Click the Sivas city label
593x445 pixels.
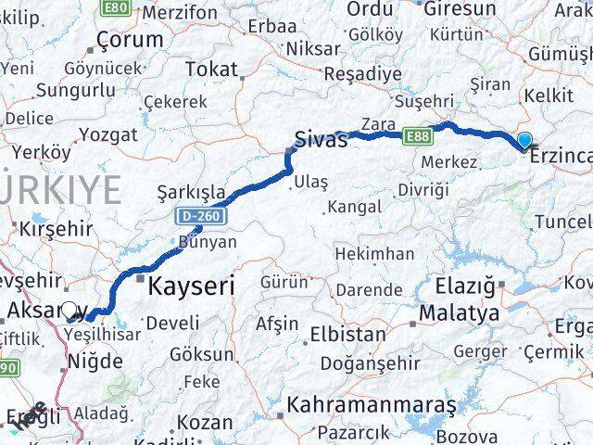pos(321,140)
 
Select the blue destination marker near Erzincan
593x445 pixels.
pos(524,141)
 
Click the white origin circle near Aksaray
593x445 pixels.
pos(69,311)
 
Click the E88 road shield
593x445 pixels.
pos(417,136)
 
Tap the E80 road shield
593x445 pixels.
pos(116,7)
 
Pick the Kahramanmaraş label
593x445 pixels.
pos(372,405)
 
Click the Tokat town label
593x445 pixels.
pos(211,69)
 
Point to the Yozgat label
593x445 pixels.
pos(107,134)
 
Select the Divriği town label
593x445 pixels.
pos(423,189)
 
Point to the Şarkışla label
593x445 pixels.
pos(191,192)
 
